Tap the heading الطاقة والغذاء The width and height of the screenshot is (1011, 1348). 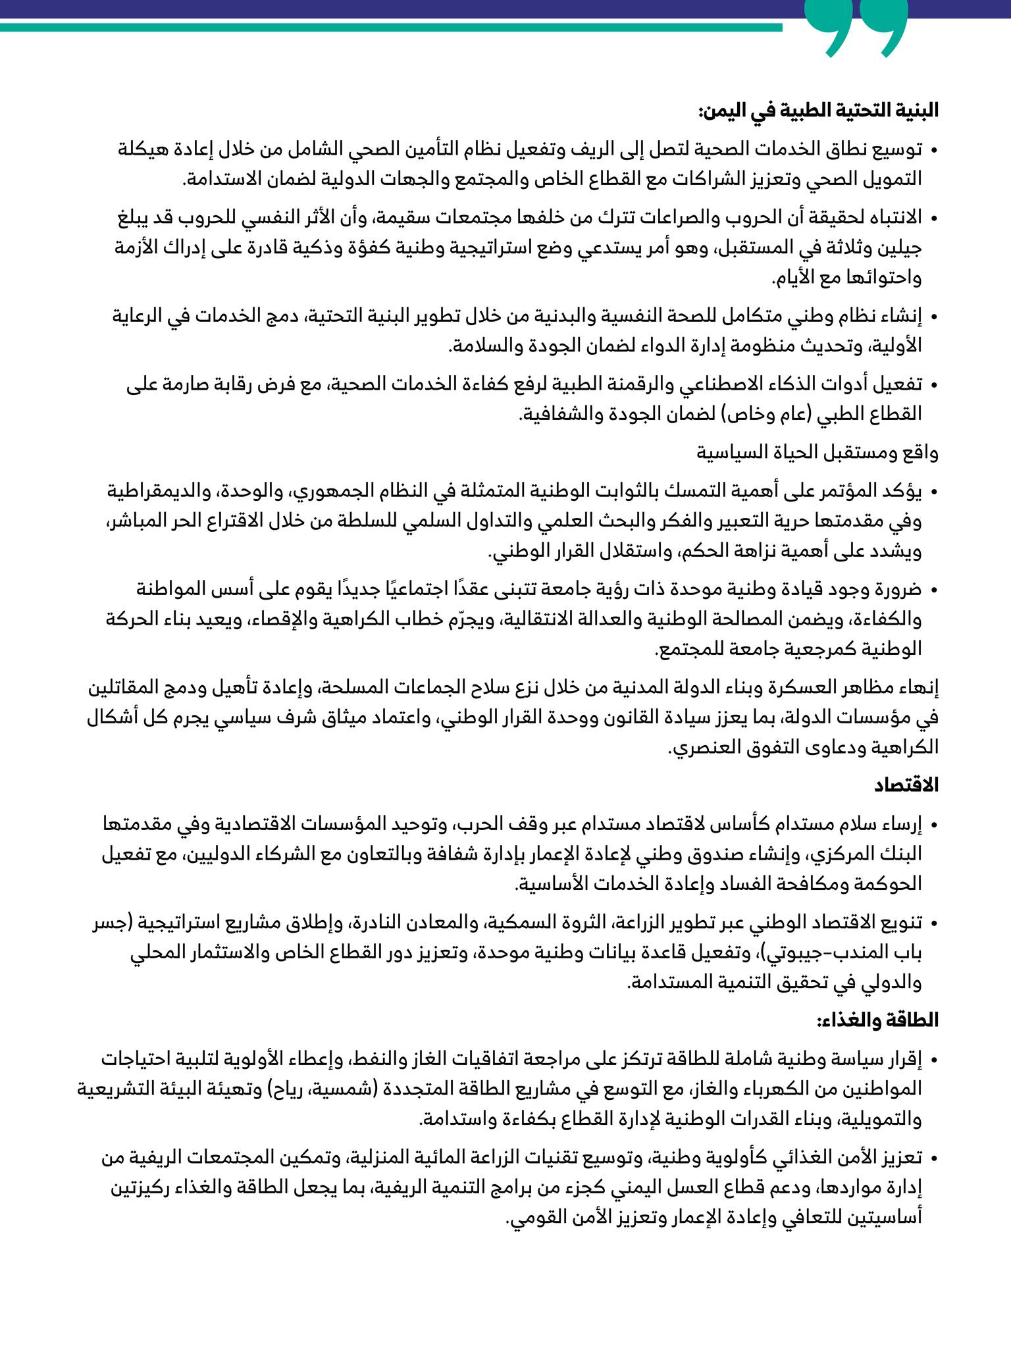(878, 1021)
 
